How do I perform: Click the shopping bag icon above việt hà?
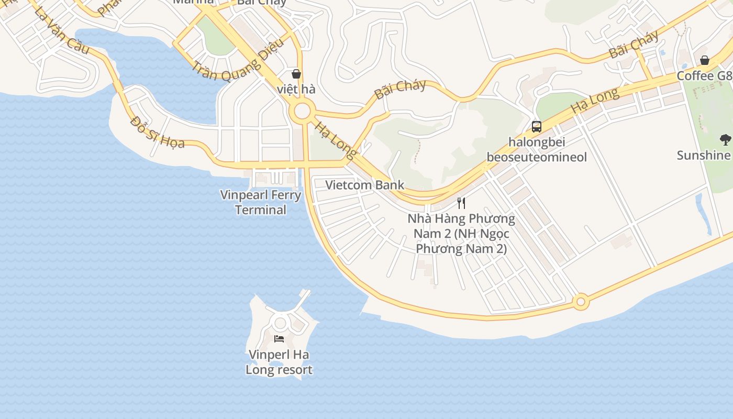pyautogui.click(x=296, y=74)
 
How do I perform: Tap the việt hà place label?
pyautogui.click(x=296, y=89)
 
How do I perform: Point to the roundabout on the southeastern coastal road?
pyautogui.click(x=580, y=302)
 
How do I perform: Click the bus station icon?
pyautogui.click(x=537, y=126)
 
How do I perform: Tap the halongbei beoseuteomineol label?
pyautogui.click(x=537, y=149)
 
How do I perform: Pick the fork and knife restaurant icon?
pyautogui.click(x=461, y=203)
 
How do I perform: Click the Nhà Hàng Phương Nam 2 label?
pyautogui.click(x=461, y=233)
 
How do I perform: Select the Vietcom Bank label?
pyautogui.click(x=365, y=185)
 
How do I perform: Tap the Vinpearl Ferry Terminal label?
pyautogui.click(x=261, y=203)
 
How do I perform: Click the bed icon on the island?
pyautogui.click(x=279, y=339)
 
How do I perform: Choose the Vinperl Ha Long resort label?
pyautogui.click(x=279, y=362)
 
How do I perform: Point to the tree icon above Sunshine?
pyautogui.click(x=725, y=139)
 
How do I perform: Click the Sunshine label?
pyautogui.click(x=704, y=155)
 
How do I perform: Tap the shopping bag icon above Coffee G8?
pyautogui.click(x=705, y=60)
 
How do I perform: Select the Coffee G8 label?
pyautogui.click(x=704, y=76)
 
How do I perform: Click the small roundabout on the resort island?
pyautogui.click(x=280, y=323)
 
